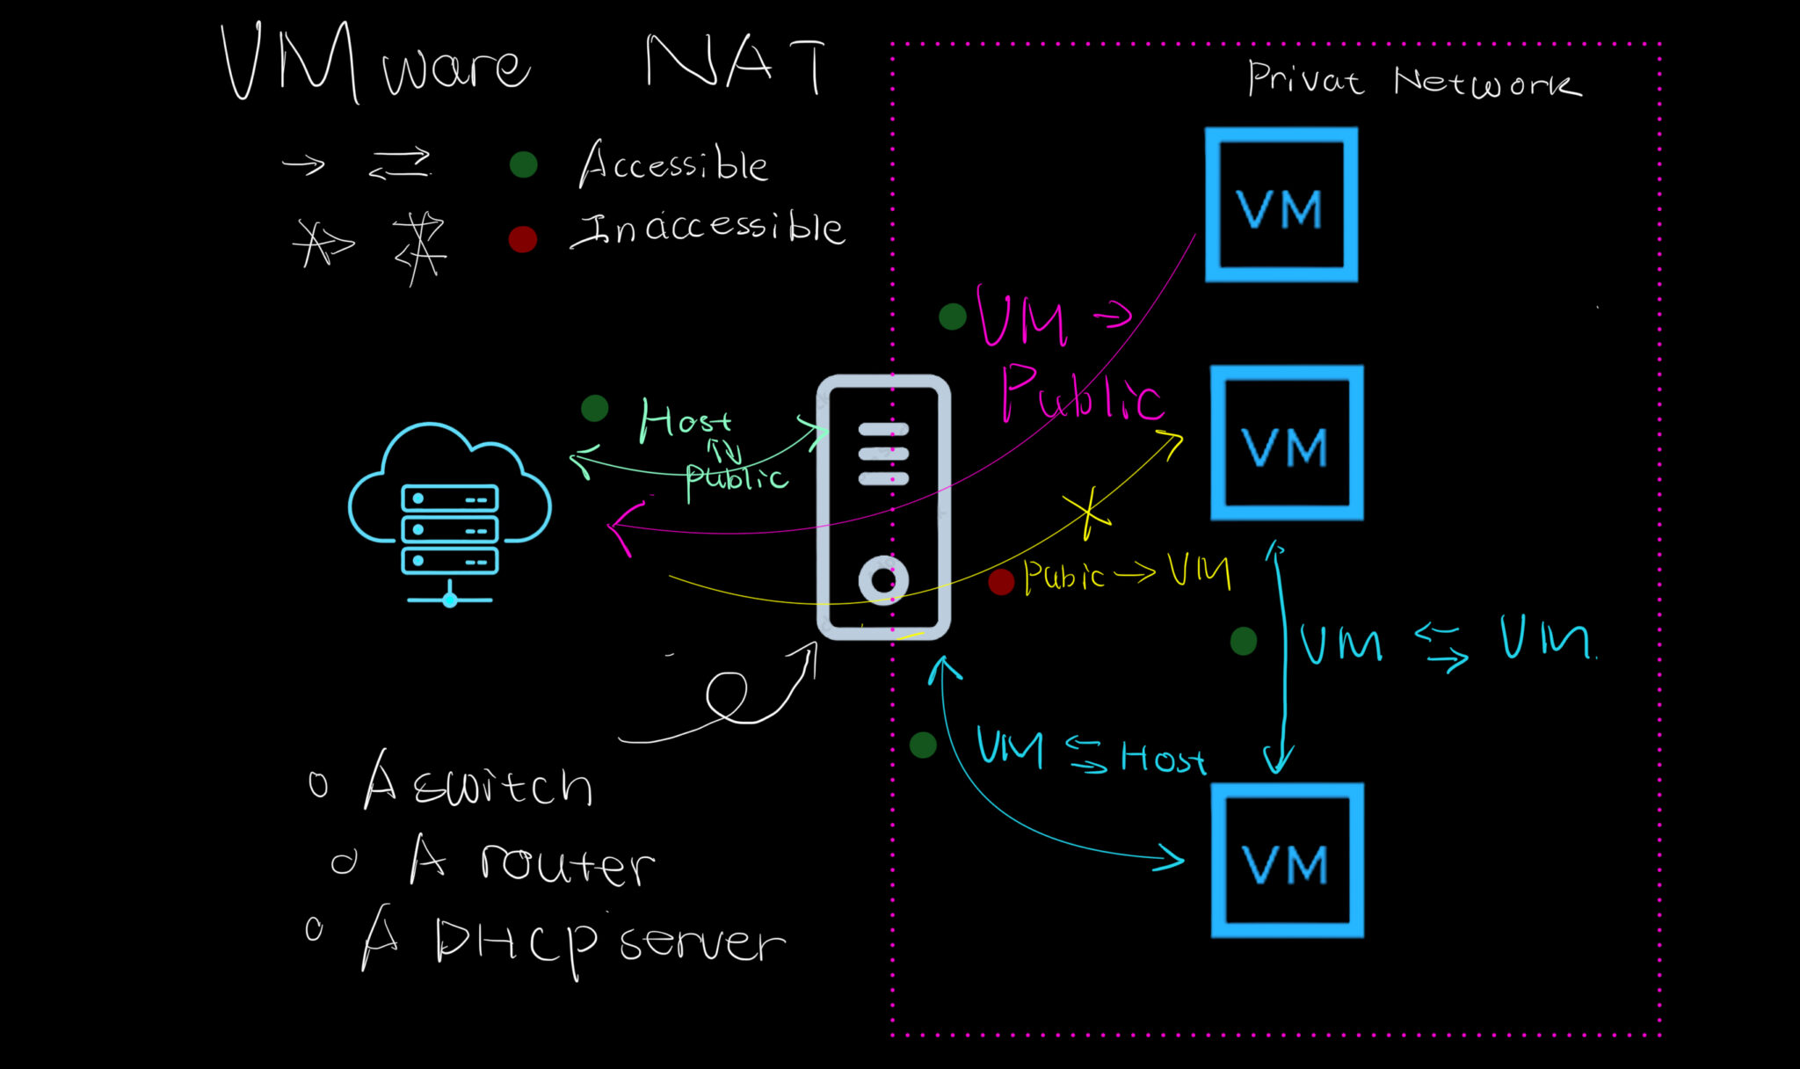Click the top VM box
click(x=1281, y=205)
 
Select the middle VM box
click(x=1286, y=443)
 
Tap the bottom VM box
click(x=1287, y=860)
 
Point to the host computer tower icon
click(x=883, y=507)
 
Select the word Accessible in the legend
click(x=673, y=164)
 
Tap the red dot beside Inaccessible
click(x=523, y=239)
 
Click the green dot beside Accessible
click(x=524, y=164)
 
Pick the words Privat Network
click(x=1413, y=81)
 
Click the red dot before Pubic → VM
click(x=1001, y=581)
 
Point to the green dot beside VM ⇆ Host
click(x=923, y=745)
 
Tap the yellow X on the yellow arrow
click(x=1088, y=513)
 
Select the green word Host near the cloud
click(x=685, y=419)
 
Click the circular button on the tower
click(x=882, y=581)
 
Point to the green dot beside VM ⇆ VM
click(x=1244, y=641)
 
